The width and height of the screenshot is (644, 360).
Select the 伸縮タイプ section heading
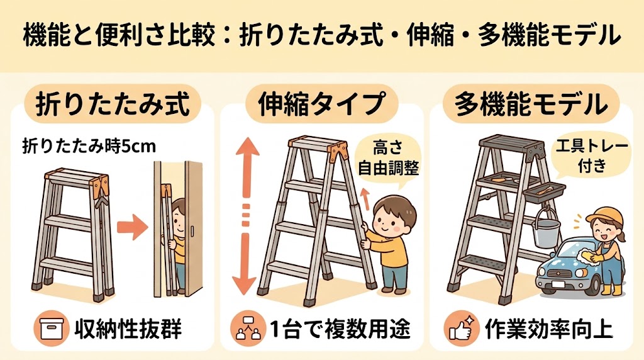pos(321,104)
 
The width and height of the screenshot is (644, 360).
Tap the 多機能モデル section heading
pos(531,104)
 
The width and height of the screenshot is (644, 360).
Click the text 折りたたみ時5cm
pos(89,146)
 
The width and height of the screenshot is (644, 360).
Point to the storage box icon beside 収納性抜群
pos(52,328)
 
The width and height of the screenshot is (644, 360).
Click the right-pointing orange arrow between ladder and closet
pos(132,227)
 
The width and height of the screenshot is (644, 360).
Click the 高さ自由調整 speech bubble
pos(388,158)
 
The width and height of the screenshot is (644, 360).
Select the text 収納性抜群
pos(128,329)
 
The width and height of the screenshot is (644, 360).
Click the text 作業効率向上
pos(548,329)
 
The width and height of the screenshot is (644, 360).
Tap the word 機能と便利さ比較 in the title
pos(119,35)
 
